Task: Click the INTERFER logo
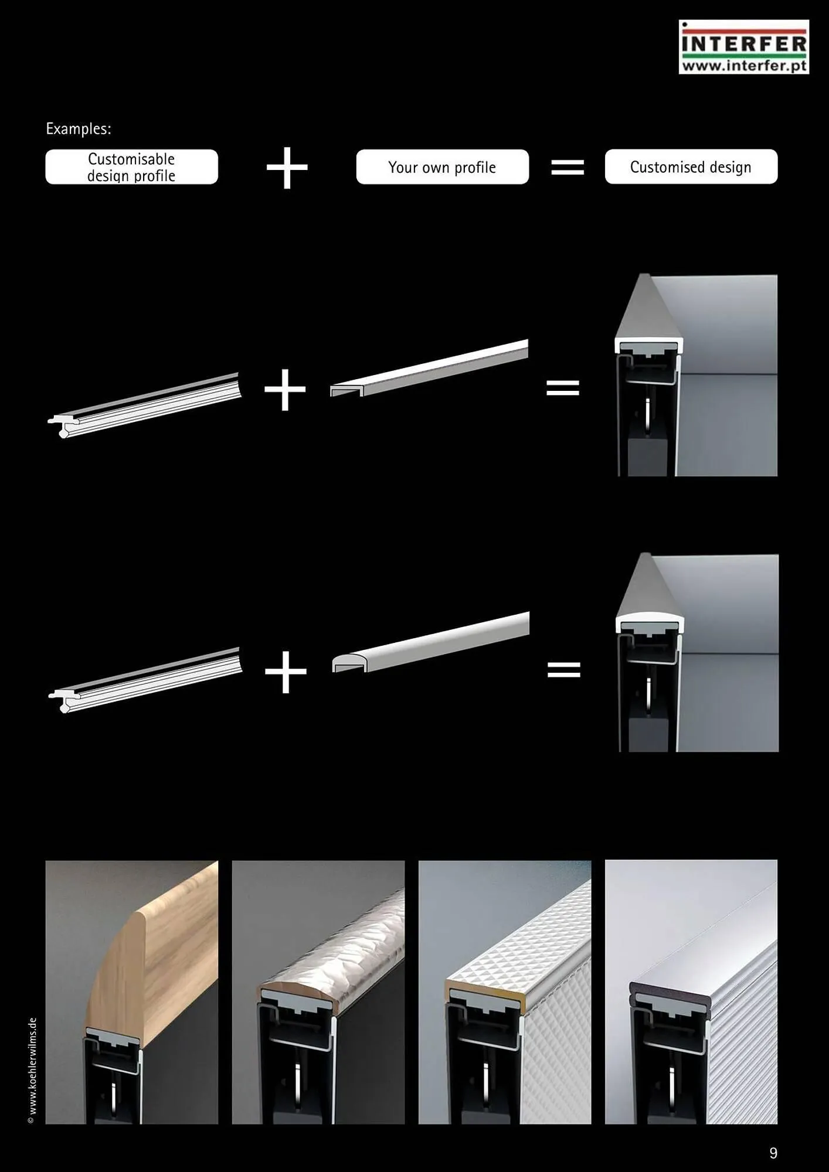coord(744,47)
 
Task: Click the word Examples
coord(79,129)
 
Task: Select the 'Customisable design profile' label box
coord(132,167)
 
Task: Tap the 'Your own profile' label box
coord(442,167)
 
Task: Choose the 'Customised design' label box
coord(691,167)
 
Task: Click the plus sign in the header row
coord(287,168)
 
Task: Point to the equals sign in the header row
coord(568,168)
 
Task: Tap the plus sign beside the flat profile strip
coord(286,390)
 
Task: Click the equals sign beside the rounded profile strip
coord(564,669)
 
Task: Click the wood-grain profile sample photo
coord(132,992)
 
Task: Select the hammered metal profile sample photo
coord(318,992)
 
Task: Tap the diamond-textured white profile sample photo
coord(505,992)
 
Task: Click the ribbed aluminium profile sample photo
coord(691,992)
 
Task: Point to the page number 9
coord(773,1153)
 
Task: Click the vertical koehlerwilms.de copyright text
coord(32,1070)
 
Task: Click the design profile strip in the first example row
coord(145,406)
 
